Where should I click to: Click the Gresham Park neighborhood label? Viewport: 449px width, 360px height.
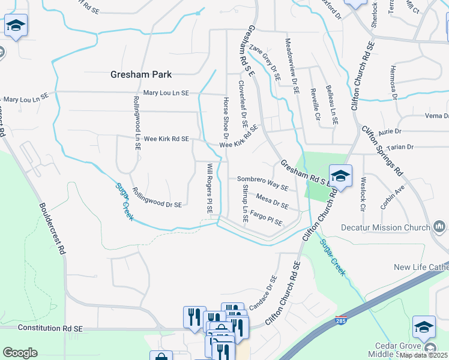pos(141,75)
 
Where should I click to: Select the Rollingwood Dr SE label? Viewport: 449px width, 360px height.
pos(156,198)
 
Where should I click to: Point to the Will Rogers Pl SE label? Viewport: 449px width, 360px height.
pos(209,188)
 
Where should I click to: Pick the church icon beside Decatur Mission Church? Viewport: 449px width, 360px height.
pos(439,227)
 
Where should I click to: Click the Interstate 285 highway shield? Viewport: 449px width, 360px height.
pos(342,321)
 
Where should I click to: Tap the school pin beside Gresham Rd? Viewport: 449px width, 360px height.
pos(340,176)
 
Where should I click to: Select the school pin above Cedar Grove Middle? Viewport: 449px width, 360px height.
pos(423,327)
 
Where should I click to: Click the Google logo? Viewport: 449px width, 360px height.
pos(20,353)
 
